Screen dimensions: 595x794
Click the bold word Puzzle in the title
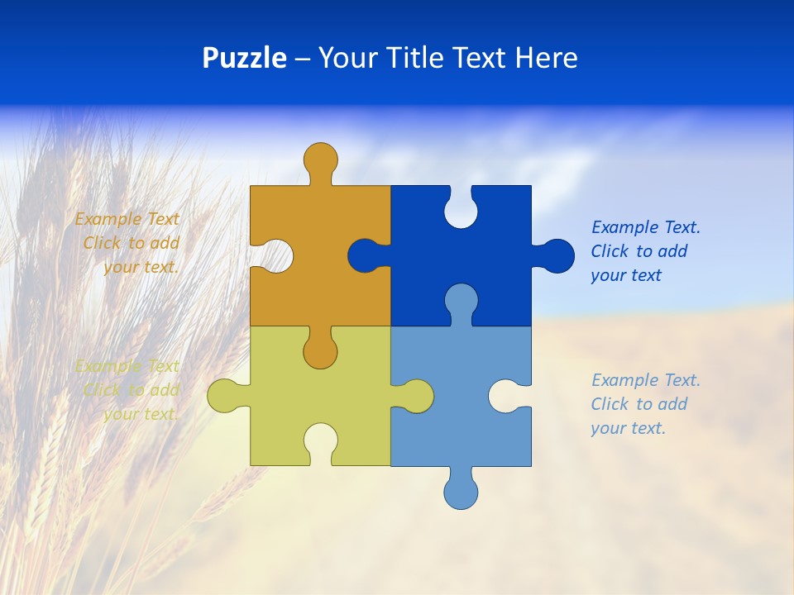click(x=244, y=58)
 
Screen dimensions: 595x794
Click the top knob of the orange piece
click(x=320, y=159)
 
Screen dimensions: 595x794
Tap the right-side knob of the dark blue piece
click(x=556, y=255)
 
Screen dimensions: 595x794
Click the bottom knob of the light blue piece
click(x=461, y=492)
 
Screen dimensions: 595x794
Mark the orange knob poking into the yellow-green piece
click(x=320, y=350)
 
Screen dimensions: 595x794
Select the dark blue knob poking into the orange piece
click(x=365, y=255)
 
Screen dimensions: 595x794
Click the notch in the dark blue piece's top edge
click(x=461, y=209)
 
